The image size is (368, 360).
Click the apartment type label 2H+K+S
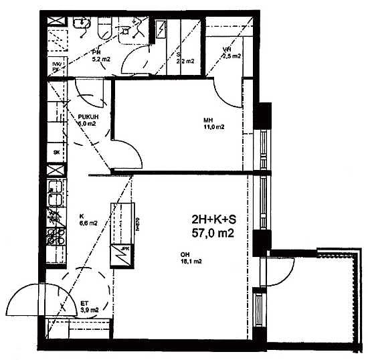(213, 219)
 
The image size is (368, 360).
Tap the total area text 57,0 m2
(213, 233)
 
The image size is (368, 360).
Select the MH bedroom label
(208, 120)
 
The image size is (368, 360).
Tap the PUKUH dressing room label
(88, 116)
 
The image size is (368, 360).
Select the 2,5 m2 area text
(231, 56)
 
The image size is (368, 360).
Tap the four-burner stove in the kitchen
(55, 236)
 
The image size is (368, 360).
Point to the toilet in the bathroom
(104, 27)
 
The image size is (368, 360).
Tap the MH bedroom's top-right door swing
(227, 91)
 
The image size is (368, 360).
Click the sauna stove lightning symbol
(163, 29)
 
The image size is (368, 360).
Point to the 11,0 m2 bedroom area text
(213, 127)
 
